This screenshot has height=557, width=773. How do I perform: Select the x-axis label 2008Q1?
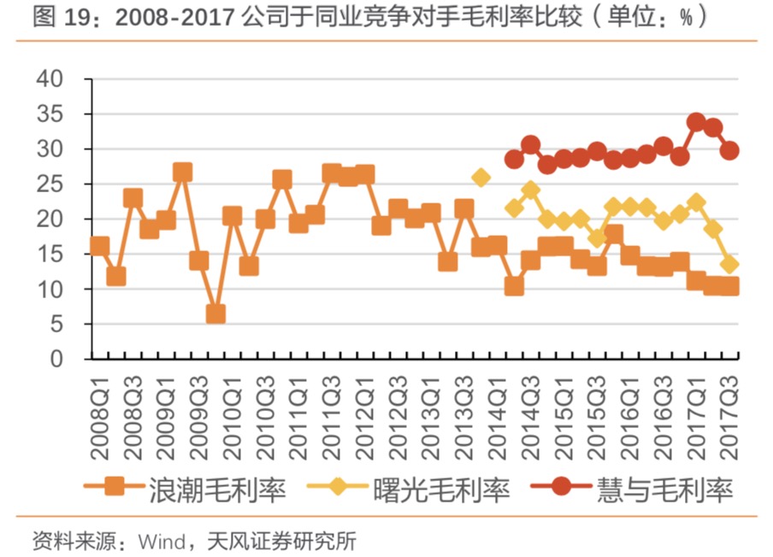99,410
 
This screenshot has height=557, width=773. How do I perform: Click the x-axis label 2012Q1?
365,410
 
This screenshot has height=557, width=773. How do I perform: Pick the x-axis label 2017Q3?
729,410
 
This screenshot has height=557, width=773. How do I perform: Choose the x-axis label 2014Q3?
530,410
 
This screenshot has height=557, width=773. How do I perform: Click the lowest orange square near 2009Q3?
215,314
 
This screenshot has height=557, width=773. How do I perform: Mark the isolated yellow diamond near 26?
481,178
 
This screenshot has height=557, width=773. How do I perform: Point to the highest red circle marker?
696,122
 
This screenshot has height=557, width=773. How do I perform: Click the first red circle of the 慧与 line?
514,159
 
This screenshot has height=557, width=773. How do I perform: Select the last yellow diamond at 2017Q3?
729,265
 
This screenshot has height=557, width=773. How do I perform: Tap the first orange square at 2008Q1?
99,246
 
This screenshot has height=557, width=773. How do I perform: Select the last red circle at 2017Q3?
729,150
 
